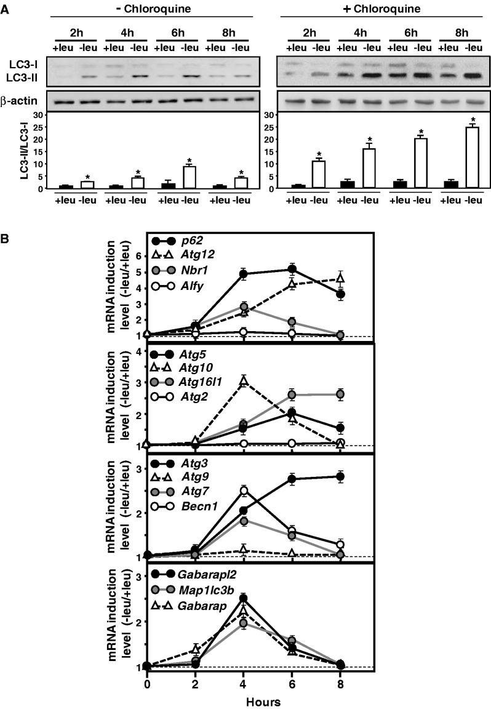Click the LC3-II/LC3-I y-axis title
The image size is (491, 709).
coord(24,151)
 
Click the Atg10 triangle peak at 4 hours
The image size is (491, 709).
coord(244,381)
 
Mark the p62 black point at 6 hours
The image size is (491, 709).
coord(292,269)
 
